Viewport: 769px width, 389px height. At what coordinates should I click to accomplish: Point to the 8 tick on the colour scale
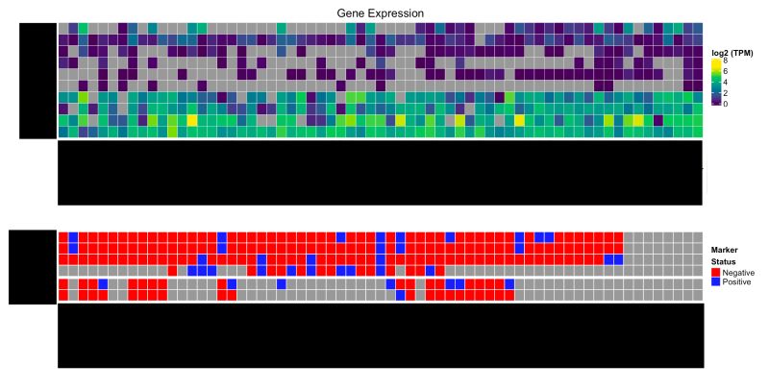(x=724, y=61)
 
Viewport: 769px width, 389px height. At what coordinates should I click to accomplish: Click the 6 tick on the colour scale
(x=724, y=71)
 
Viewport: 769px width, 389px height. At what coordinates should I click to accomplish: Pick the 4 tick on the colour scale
(x=724, y=82)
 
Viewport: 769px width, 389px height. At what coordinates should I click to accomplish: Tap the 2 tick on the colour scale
(x=724, y=92)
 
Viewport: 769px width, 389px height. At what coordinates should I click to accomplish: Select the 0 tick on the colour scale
(x=724, y=103)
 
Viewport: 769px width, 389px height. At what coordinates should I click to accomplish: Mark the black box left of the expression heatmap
(x=37, y=81)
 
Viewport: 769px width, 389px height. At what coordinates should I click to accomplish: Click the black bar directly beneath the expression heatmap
(x=380, y=173)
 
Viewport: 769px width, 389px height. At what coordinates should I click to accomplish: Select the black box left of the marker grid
(x=33, y=267)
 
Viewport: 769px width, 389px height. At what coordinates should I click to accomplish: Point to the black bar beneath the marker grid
(x=380, y=335)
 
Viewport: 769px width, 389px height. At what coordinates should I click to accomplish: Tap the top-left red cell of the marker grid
(x=63, y=236)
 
